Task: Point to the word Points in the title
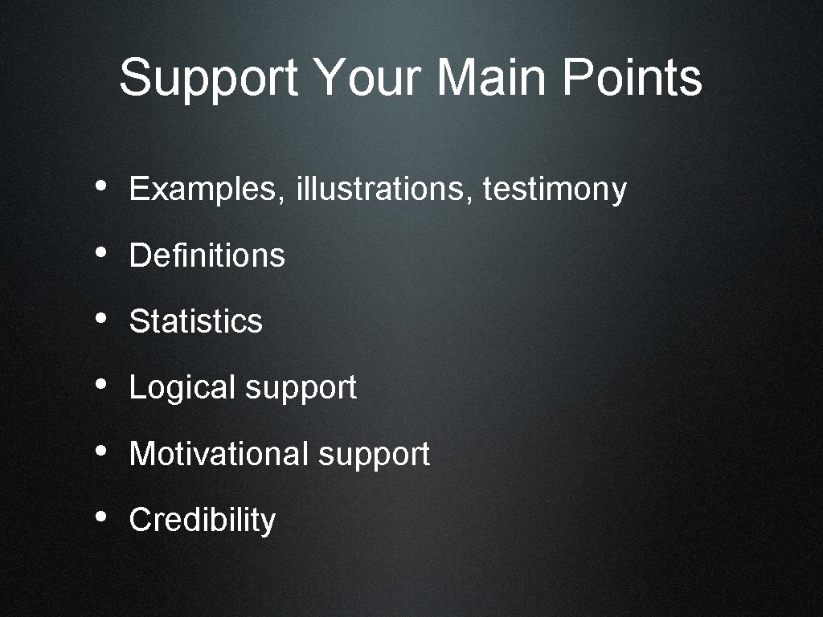632,78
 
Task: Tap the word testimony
555,190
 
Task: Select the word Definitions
207,255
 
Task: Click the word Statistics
196,321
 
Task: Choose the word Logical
183,388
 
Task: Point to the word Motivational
219,454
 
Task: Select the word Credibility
203,521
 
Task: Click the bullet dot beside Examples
100,186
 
